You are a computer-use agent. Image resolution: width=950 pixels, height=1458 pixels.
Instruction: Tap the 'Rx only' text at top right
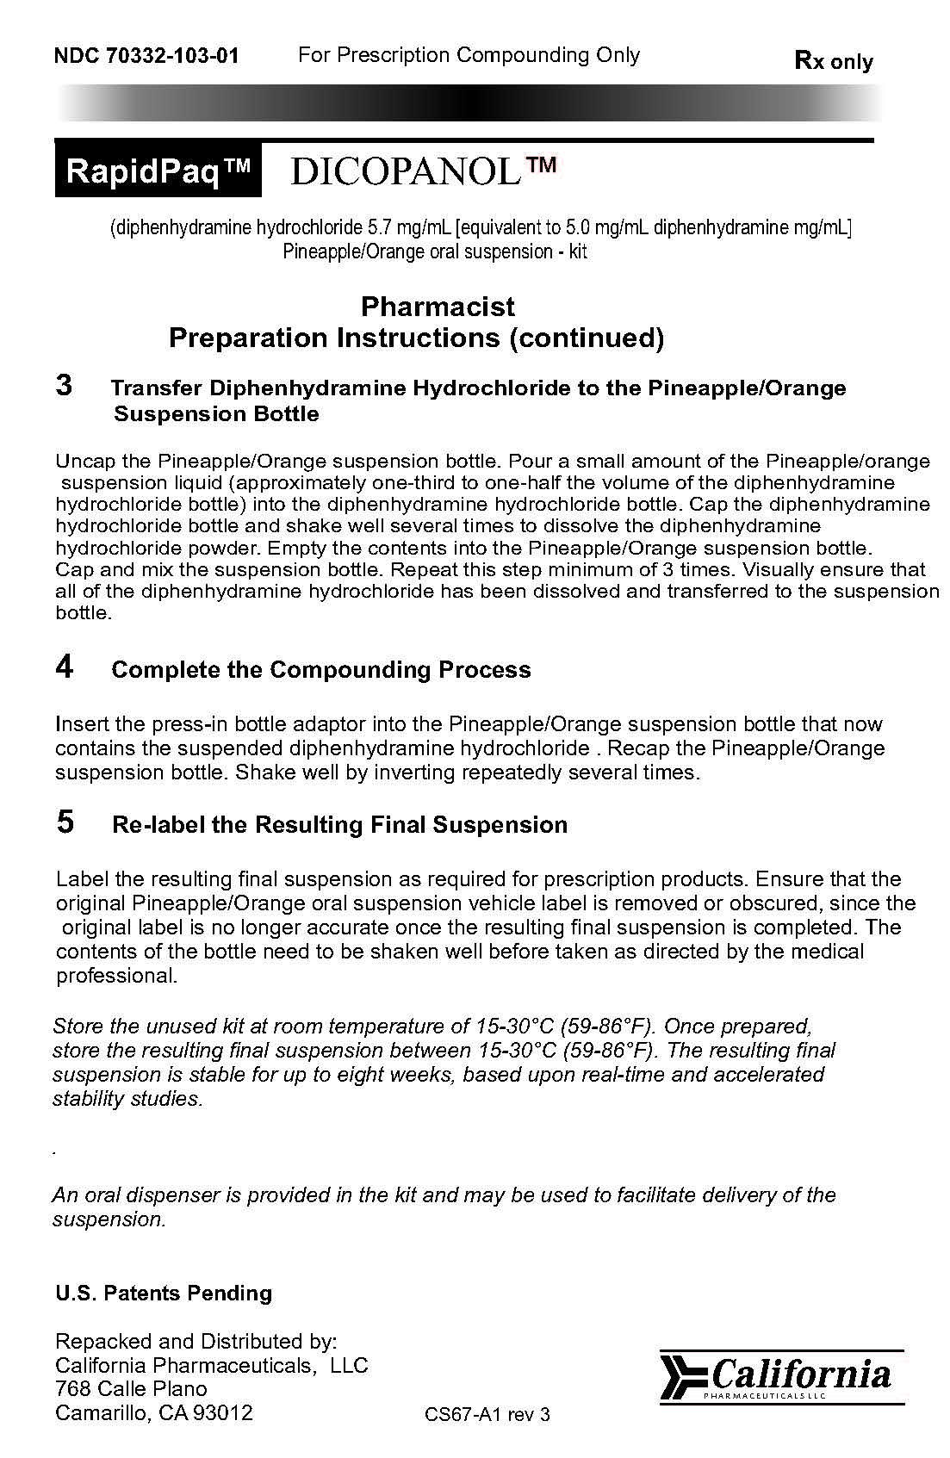coord(833,61)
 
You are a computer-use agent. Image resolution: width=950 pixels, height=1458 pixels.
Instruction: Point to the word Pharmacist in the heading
coord(438,307)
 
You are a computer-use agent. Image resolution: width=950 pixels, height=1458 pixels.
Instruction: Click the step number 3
coord(64,385)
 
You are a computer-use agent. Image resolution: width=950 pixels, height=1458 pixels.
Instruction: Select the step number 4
coord(65,667)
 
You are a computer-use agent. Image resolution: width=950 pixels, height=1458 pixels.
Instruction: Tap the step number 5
coord(65,822)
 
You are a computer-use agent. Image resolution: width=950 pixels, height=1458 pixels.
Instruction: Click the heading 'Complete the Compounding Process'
coord(321,670)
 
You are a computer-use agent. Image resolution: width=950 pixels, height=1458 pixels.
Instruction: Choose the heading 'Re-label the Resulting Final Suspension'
coord(340,825)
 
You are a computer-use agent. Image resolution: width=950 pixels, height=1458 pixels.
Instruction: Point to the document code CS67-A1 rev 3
coord(487,1414)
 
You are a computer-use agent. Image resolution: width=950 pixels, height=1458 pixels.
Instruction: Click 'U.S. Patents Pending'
coord(164,1294)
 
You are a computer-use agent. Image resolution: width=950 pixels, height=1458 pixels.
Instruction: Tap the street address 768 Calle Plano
coord(131,1389)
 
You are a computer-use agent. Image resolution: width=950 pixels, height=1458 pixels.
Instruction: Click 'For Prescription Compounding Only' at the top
coord(469,55)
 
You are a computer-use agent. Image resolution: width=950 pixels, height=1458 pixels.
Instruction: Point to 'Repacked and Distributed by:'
coord(196,1341)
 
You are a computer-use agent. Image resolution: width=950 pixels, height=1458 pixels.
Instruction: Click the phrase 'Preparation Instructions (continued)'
coord(416,338)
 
